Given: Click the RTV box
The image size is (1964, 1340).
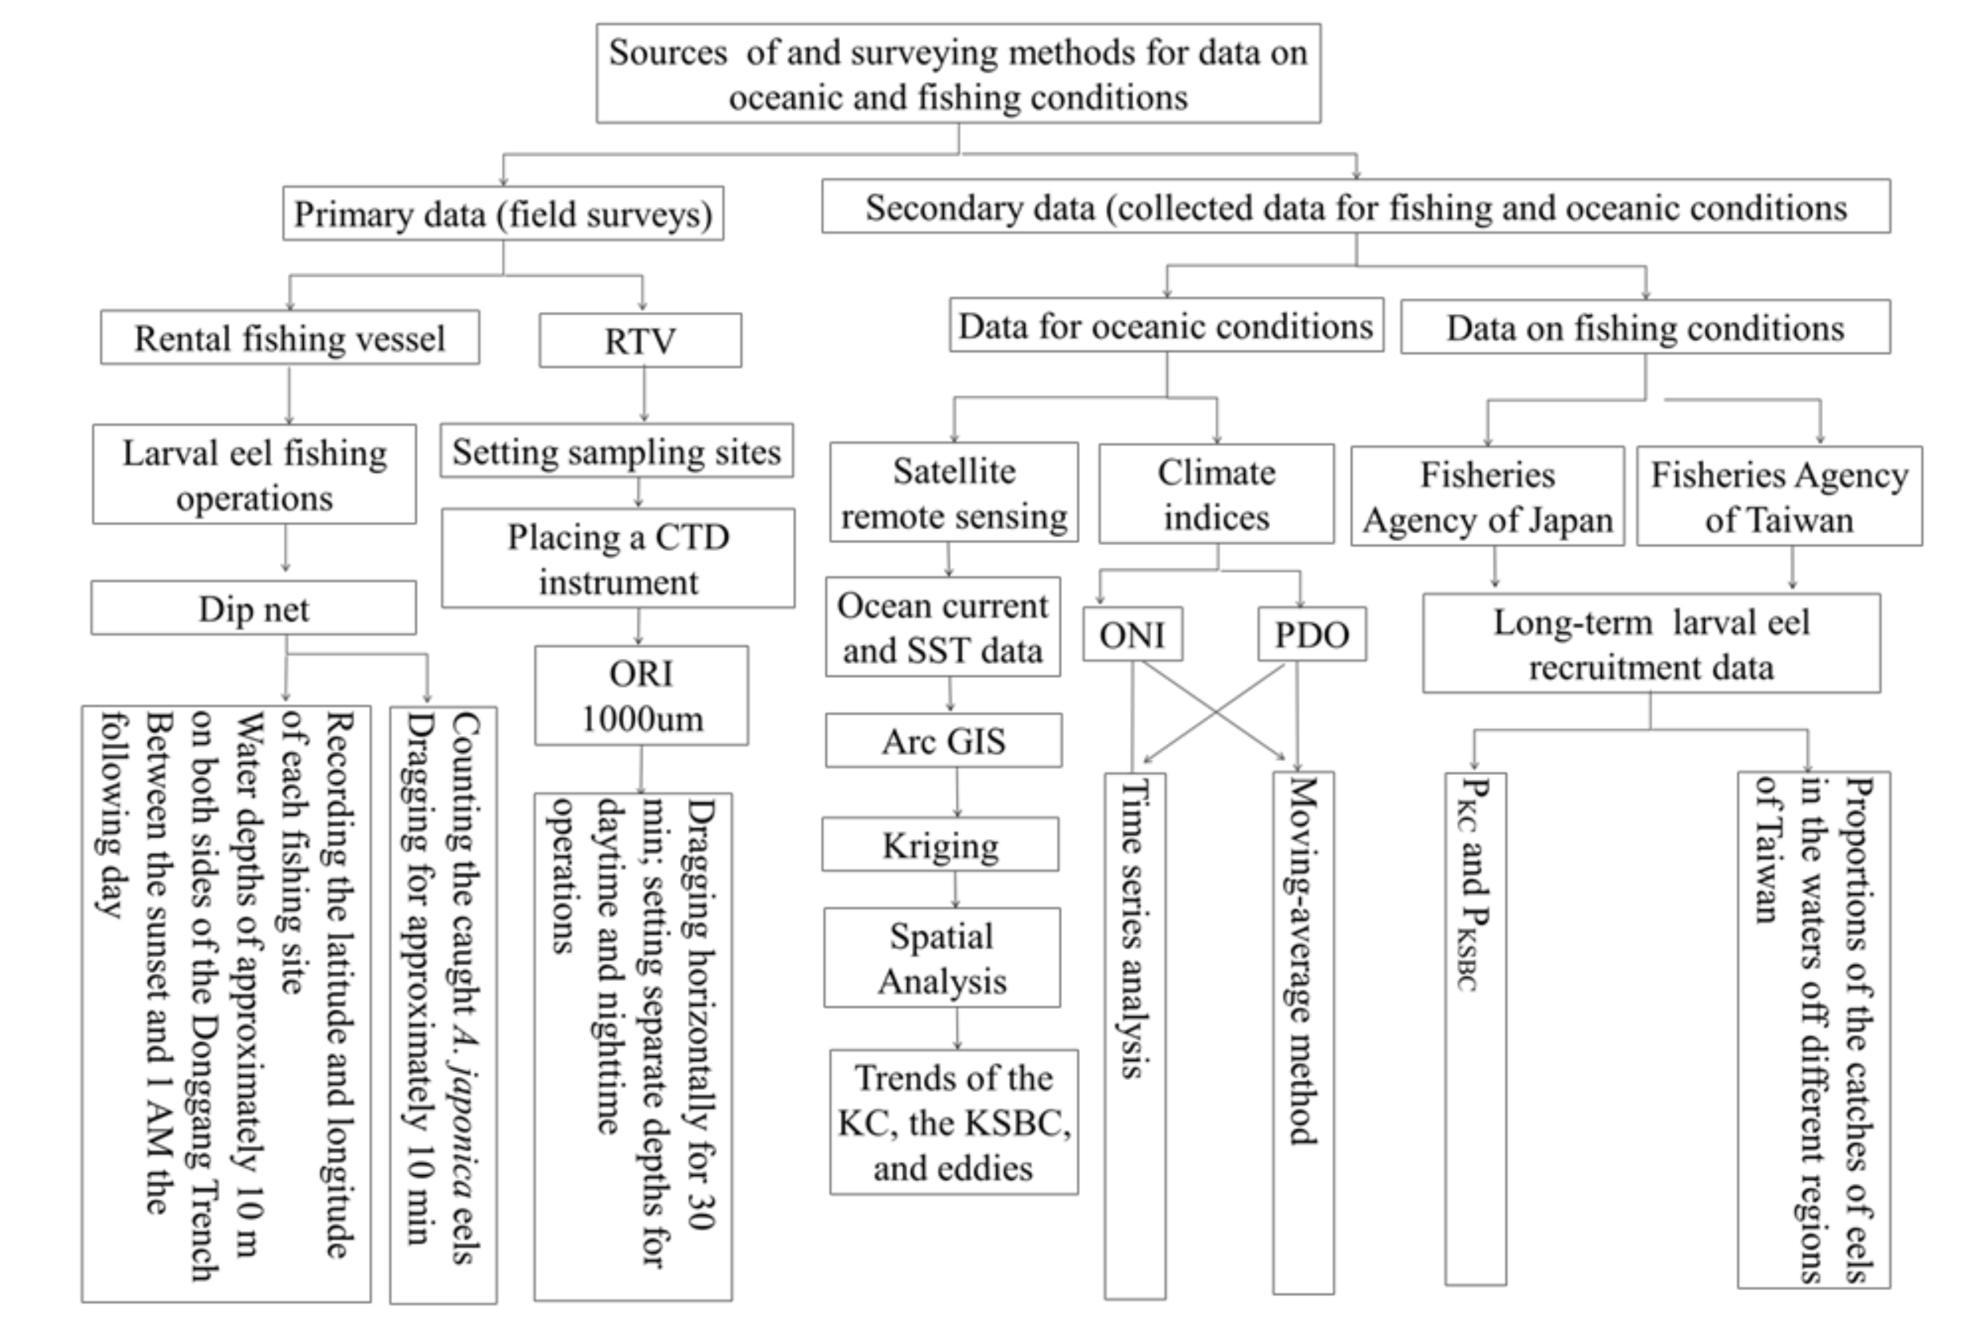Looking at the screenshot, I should [640, 340].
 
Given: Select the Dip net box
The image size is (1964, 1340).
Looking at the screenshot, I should [254, 609].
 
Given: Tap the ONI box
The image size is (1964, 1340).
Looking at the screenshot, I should [1133, 633].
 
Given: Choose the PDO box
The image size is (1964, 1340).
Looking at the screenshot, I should [1312, 633].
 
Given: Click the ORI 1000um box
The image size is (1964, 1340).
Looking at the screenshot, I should [642, 695].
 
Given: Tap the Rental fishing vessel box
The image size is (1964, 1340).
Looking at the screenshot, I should [290, 338].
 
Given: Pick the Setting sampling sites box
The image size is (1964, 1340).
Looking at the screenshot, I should [616, 451].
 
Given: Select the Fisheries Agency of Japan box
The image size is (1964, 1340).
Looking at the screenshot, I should [1487, 497].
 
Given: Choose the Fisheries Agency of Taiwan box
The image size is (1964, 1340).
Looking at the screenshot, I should [1779, 497].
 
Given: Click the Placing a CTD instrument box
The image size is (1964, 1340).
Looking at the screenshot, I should [618, 558].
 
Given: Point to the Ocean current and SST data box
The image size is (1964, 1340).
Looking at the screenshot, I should [942, 628].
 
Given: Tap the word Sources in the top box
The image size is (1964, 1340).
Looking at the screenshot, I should [668, 53].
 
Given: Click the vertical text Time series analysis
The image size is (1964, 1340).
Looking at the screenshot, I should [1134, 930].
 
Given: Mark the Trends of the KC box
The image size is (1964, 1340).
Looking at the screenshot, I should [953, 1122].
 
